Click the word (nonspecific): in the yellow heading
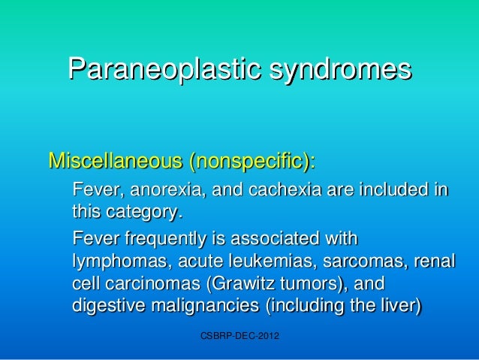click(x=252, y=162)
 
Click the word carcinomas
click(x=158, y=284)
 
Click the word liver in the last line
click(x=400, y=305)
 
